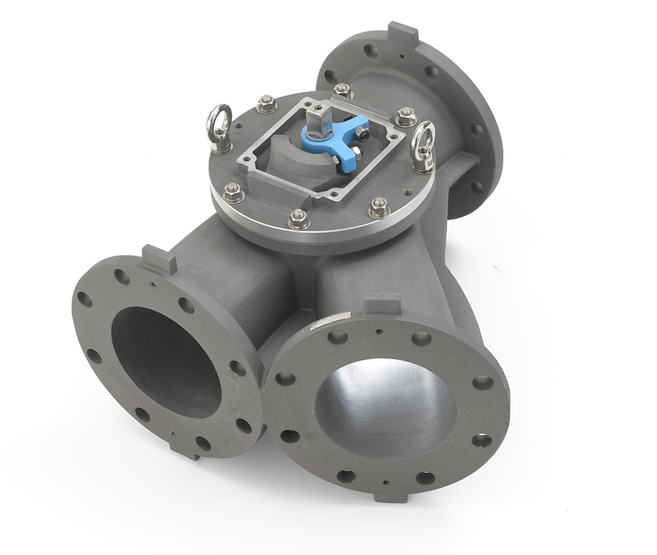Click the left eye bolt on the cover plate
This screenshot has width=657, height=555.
[x=219, y=130]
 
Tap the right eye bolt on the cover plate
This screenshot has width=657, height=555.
[x=422, y=147]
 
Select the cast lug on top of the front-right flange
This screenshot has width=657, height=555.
[x=382, y=303]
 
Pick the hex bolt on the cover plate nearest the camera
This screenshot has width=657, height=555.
[x=299, y=219]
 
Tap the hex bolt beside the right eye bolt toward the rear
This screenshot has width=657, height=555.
[x=406, y=116]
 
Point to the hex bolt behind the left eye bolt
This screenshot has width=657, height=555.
[x=265, y=104]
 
